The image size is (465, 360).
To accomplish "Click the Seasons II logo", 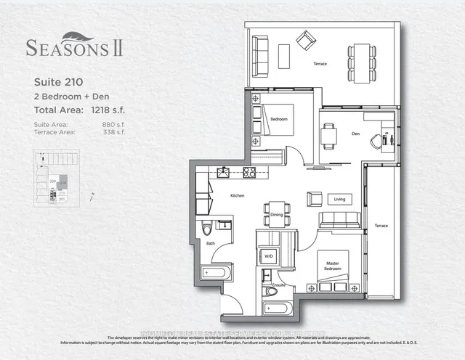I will (x=74, y=46).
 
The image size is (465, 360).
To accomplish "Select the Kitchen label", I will (x=237, y=196).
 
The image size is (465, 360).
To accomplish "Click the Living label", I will (x=339, y=198).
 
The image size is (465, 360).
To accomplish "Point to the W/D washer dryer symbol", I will (x=268, y=256).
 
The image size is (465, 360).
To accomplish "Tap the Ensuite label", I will (x=280, y=287).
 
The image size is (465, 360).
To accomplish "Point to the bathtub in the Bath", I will (x=216, y=273).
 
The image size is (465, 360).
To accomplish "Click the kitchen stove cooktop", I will (x=249, y=173).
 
